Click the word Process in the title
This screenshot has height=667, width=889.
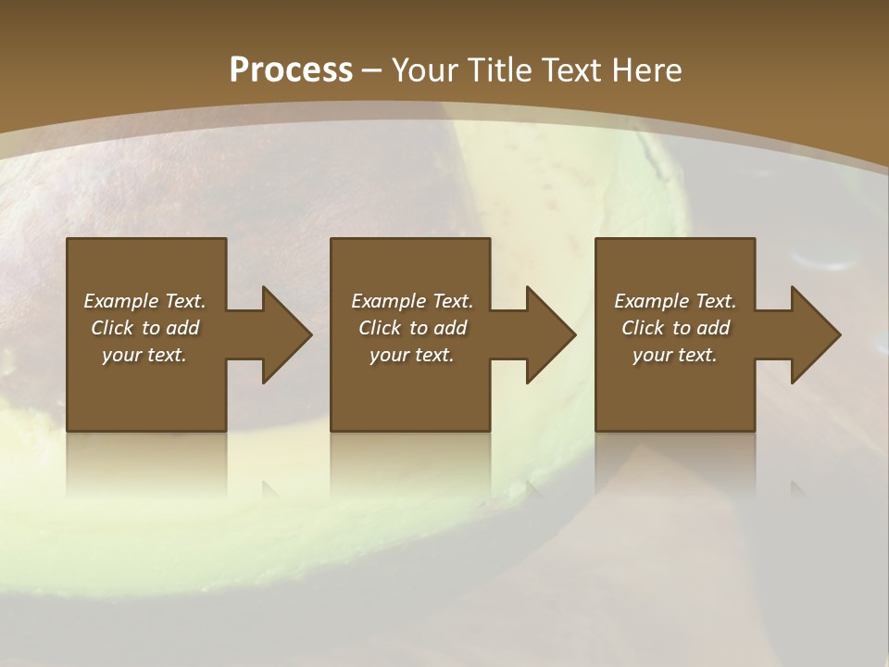[x=291, y=70]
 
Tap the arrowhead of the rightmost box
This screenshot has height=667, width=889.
[x=814, y=334]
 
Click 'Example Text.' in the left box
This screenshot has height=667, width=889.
[x=144, y=301]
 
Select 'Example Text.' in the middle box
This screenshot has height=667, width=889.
[x=412, y=301]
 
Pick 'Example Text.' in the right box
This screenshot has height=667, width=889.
[x=675, y=301]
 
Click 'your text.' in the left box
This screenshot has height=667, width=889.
[x=144, y=355]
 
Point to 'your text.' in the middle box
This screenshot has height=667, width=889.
[x=412, y=355]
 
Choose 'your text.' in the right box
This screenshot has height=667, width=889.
[x=675, y=355]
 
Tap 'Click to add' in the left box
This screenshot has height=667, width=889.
[x=144, y=328]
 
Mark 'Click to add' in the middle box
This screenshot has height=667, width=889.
[x=412, y=328]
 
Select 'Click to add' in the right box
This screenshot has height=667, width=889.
[x=675, y=328]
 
